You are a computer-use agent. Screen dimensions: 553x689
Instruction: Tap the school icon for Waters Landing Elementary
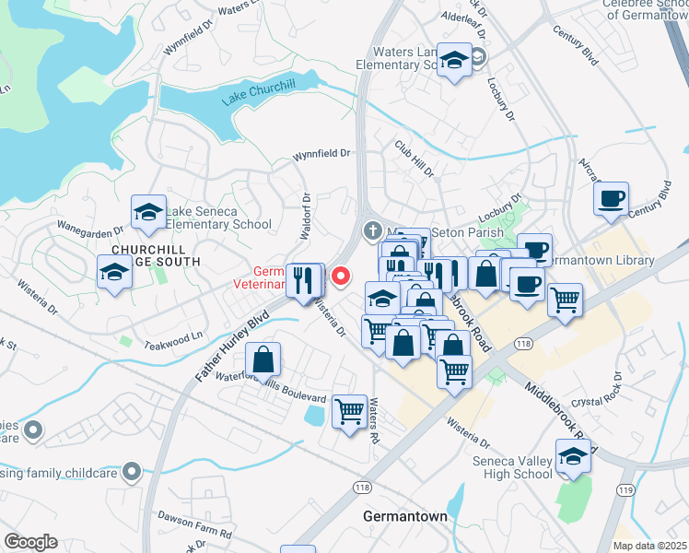pyautogui.click(x=453, y=61)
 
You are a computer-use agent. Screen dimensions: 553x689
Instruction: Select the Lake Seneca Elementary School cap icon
pyautogui.click(x=148, y=213)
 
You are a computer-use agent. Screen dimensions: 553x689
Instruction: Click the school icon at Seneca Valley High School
pyautogui.click(x=573, y=456)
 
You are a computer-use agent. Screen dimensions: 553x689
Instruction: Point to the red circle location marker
pyautogui.click(x=341, y=275)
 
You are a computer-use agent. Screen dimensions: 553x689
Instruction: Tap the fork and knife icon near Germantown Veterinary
pyautogui.click(x=304, y=279)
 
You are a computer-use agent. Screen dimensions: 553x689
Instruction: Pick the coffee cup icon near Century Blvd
pyautogui.click(x=610, y=199)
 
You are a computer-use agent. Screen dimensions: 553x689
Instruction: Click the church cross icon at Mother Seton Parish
pyautogui.click(x=372, y=229)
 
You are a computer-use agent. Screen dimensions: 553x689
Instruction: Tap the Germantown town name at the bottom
pyautogui.click(x=405, y=516)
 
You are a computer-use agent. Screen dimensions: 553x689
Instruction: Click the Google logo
pyautogui.click(x=30, y=541)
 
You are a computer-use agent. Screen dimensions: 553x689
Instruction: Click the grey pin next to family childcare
pyautogui.click(x=132, y=471)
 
